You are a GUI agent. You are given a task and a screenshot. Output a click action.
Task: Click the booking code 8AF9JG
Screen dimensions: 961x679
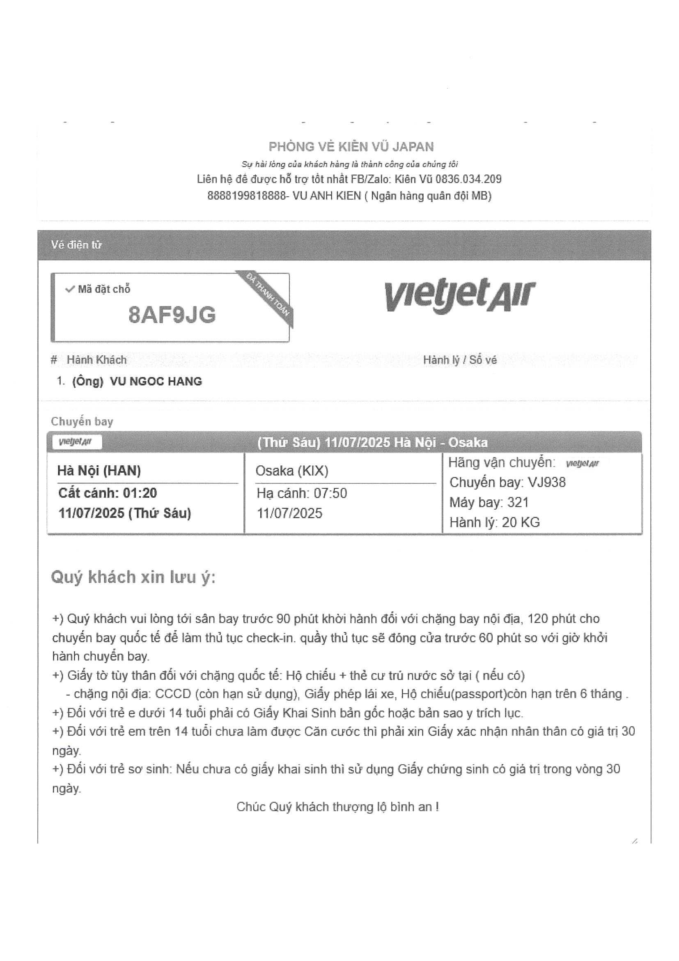pos(172,315)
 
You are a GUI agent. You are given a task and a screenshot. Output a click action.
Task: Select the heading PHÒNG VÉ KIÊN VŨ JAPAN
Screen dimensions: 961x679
pos(351,147)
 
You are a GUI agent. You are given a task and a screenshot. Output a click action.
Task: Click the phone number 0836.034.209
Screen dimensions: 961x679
pos(468,179)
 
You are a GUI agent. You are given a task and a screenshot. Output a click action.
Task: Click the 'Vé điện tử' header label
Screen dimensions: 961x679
pos(76,245)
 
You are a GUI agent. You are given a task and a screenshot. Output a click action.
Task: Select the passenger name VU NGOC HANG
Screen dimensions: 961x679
pos(156,381)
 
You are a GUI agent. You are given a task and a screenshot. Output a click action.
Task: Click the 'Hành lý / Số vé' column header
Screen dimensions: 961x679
pos(460,360)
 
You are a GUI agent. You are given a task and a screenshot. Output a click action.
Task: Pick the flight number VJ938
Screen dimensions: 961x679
pos(546,483)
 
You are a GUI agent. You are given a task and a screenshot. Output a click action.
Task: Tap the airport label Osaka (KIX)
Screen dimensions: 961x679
pos(291,471)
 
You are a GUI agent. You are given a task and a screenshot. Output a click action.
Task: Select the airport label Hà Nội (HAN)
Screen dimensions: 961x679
pos(99,471)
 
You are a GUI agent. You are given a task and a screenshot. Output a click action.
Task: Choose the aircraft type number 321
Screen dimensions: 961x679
pos(518,502)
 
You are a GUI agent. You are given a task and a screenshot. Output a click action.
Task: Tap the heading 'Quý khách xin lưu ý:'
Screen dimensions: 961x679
pos(133,577)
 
